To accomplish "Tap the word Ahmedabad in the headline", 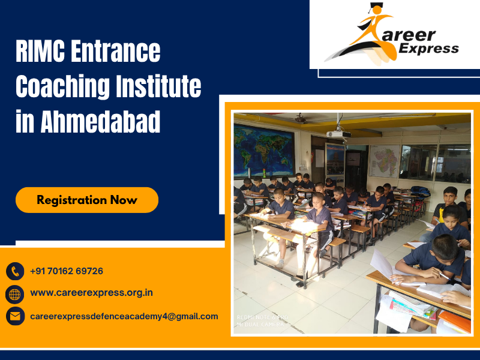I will pyautogui.click(x=100, y=122).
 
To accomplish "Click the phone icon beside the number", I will pyautogui.click(x=15, y=271).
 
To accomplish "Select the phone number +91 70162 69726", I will pyautogui.click(x=67, y=271).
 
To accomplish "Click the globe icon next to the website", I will pyautogui.click(x=15, y=293).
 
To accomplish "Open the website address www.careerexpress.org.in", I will pyautogui.click(x=91, y=293).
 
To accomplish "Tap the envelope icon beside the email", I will pyautogui.click(x=15, y=316).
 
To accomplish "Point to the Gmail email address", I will pyautogui.click(x=124, y=316).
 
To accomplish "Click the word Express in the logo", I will pyautogui.click(x=429, y=49).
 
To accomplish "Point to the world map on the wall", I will pyautogui.click(x=264, y=151).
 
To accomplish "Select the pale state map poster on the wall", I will pyautogui.click(x=385, y=161).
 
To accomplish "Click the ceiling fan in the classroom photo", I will pyautogui.click(x=301, y=119).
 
